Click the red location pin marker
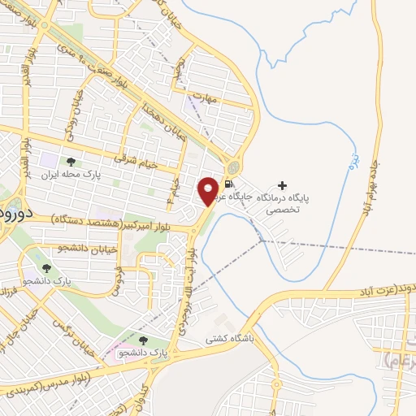209,190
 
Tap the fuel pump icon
229,182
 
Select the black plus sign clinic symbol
282,186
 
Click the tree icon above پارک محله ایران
71,162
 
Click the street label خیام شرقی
132,159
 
